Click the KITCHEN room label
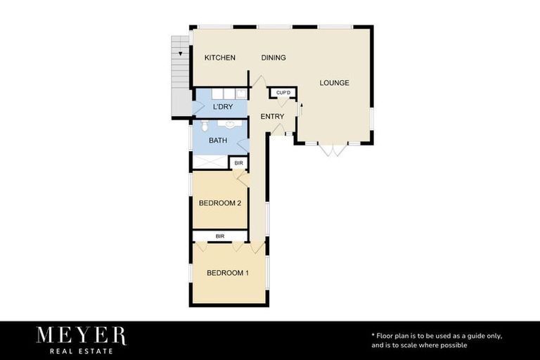coord(219,58)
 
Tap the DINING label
coord(274,58)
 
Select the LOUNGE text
coord(334,83)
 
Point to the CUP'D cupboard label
coord(283,93)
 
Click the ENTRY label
coord(272,117)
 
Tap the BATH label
coord(218,141)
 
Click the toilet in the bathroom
coord(204,126)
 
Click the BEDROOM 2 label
coord(220,203)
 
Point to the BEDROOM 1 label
coord(227,273)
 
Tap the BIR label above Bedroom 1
coord(220,236)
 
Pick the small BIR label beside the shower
coord(238,163)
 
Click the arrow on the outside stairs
coord(181,53)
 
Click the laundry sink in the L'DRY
coord(240,94)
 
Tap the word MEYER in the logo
coord(82,335)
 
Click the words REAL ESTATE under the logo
coord(82,350)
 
